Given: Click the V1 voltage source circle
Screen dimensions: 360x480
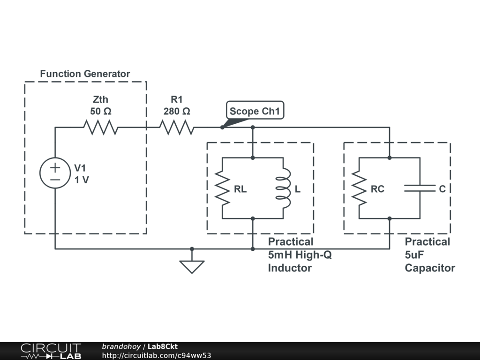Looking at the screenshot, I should point(55,173).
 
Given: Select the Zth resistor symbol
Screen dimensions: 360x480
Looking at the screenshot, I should point(100,127).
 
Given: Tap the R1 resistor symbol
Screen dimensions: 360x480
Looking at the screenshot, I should point(177,127).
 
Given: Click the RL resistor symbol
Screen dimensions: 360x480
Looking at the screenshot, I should point(222,188).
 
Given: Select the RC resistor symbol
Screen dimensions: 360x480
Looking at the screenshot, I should point(359,188).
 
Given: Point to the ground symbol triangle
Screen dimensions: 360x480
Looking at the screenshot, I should point(192,266).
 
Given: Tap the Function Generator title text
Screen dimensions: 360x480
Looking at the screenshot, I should point(85,74).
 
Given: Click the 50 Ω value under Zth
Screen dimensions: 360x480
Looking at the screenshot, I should point(101,112).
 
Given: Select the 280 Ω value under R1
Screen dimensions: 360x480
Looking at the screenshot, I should point(177,112).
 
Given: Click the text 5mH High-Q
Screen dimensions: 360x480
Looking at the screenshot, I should point(300,255).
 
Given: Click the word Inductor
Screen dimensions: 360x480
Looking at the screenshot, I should point(290,268).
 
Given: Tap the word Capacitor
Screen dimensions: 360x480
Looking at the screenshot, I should point(430,268).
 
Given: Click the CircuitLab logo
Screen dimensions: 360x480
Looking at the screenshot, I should point(51,351).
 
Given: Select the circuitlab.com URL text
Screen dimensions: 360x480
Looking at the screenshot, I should point(156,355).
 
